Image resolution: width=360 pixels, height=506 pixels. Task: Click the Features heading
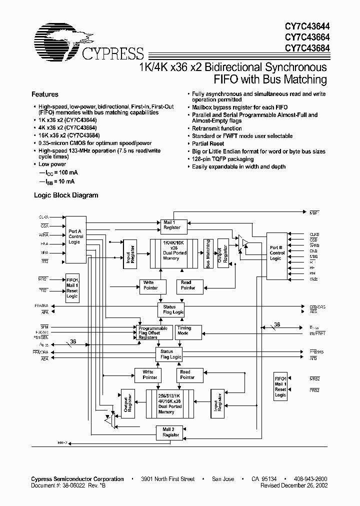45,94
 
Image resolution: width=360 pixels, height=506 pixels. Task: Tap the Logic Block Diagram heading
65,195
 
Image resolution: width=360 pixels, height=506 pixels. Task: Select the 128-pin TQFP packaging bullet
222,159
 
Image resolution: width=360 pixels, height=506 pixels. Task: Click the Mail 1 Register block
172,224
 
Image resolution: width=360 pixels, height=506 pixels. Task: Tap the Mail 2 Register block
171,432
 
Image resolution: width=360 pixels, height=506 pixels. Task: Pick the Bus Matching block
208,253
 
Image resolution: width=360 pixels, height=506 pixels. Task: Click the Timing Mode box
184,331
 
